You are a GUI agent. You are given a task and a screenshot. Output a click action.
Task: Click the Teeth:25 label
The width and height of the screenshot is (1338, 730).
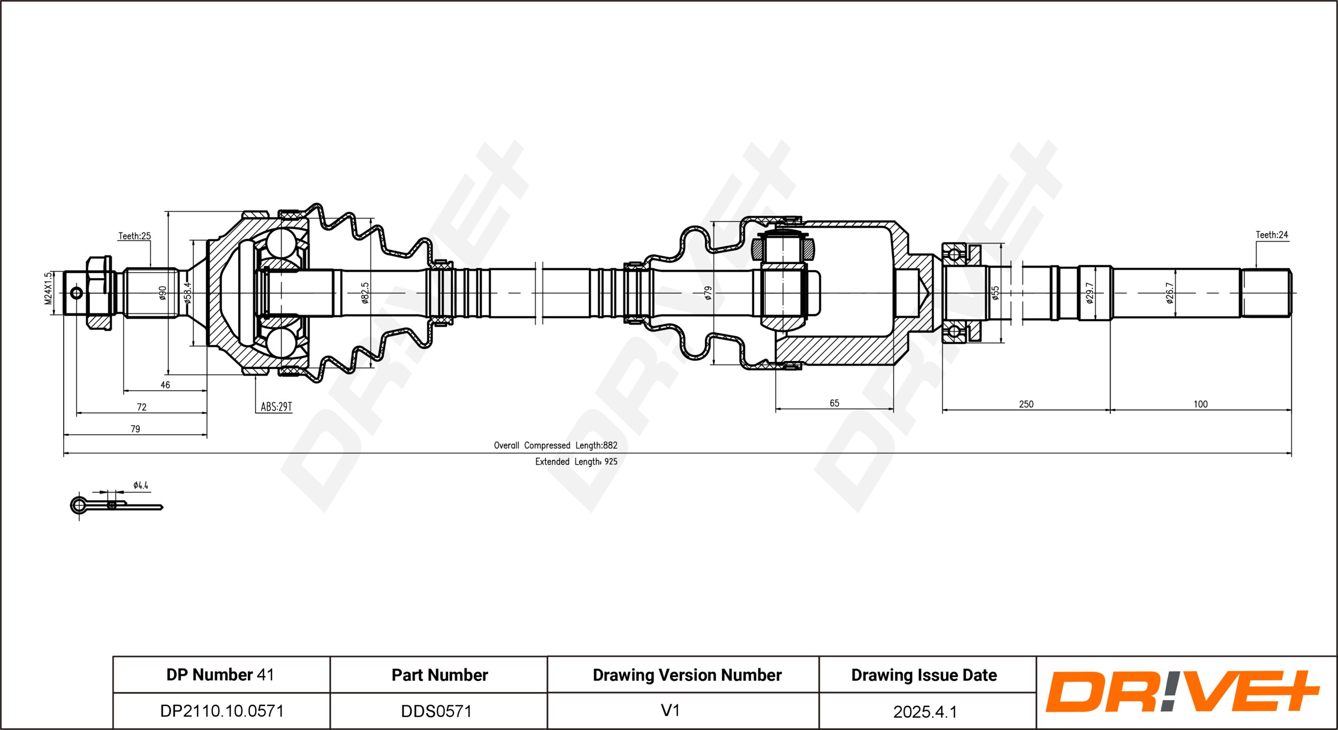pyautogui.click(x=134, y=236)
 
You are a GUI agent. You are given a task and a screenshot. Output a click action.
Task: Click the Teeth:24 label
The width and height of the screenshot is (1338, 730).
pyautogui.click(x=1272, y=235)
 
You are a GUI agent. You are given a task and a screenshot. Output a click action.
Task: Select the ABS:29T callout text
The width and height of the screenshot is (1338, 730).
pyautogui.click(x=276, y=407)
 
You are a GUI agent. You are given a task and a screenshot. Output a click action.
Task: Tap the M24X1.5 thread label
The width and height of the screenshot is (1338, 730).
pyautogui.click(x=48, y=288)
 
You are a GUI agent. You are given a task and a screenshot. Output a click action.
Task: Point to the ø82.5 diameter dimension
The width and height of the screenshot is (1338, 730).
pyautogui.click(x=365, y=293)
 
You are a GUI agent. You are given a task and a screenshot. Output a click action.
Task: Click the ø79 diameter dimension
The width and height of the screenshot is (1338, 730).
pyautogui.click(x=708, y=293)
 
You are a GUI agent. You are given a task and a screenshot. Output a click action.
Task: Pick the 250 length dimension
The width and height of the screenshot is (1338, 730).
pyautogui.click(x=1026, y=404)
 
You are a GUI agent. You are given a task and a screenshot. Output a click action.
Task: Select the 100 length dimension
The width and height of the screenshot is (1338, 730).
pyautogui.click(x=1200, y=404)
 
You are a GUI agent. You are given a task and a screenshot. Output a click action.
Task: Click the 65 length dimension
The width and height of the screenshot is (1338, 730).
pyautogui.click(x=834, y=403)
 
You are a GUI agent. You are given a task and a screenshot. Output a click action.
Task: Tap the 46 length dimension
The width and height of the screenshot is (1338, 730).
pyautogui.click(x=165, y=385)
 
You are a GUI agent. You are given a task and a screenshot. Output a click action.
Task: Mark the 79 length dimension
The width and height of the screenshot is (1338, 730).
pyautogui.click(x=135, y=429)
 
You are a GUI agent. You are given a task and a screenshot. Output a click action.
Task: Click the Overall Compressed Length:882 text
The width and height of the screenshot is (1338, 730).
pyautogui.click(x=556, y=445)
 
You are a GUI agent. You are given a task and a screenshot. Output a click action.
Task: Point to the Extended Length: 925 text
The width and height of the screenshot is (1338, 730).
pyautogui.click(x=576, y=462)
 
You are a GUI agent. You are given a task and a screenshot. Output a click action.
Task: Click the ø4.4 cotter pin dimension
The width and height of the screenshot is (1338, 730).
pyautogui.click(x=141, y=485)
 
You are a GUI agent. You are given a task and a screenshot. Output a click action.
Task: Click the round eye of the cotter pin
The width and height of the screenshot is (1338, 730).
pyautogui.click(x=78, y=505)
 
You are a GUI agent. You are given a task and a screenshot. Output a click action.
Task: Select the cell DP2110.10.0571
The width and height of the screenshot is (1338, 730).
pyautogui.click(x=222, y=711)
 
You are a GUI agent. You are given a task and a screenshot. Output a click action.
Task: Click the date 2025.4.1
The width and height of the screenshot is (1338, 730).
pyautogui.click(x=925, y=712)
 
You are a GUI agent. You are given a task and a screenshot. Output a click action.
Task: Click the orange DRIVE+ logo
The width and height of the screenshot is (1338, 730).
pyautogui.click(x=1183, y=691)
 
